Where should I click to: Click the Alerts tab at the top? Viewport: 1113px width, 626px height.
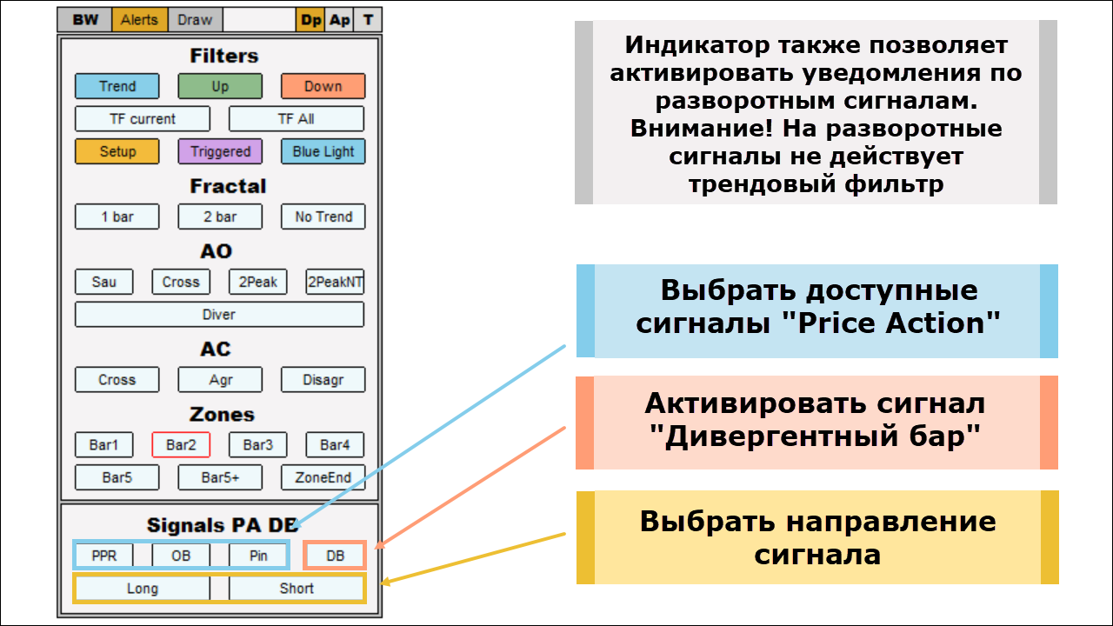coord(139,20)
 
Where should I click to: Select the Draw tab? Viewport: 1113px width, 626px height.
coord(195,20)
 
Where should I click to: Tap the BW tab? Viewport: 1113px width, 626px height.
coord(85,20)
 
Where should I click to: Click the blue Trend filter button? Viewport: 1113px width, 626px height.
coord(117,86)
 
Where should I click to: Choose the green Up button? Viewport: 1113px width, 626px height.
coord(220,86)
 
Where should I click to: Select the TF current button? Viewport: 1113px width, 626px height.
coord(143,119)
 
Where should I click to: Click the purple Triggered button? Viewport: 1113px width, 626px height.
coord(220,151)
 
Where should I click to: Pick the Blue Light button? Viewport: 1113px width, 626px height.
coord(323,151)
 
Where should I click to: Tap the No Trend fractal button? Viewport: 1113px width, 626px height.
coord(323,216)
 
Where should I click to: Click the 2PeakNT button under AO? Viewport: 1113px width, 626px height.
coord(335,282)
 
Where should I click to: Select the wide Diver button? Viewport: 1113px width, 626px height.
coord(219,315)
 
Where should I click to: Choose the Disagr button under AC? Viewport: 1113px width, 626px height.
coord(323,380)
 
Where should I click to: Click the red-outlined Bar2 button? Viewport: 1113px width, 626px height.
coord(181,445)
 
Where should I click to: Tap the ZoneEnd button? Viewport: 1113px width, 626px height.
coord(323,477)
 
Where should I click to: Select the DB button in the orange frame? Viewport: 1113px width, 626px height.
coord(335,556)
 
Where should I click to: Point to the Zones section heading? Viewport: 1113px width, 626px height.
coord(222,415)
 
